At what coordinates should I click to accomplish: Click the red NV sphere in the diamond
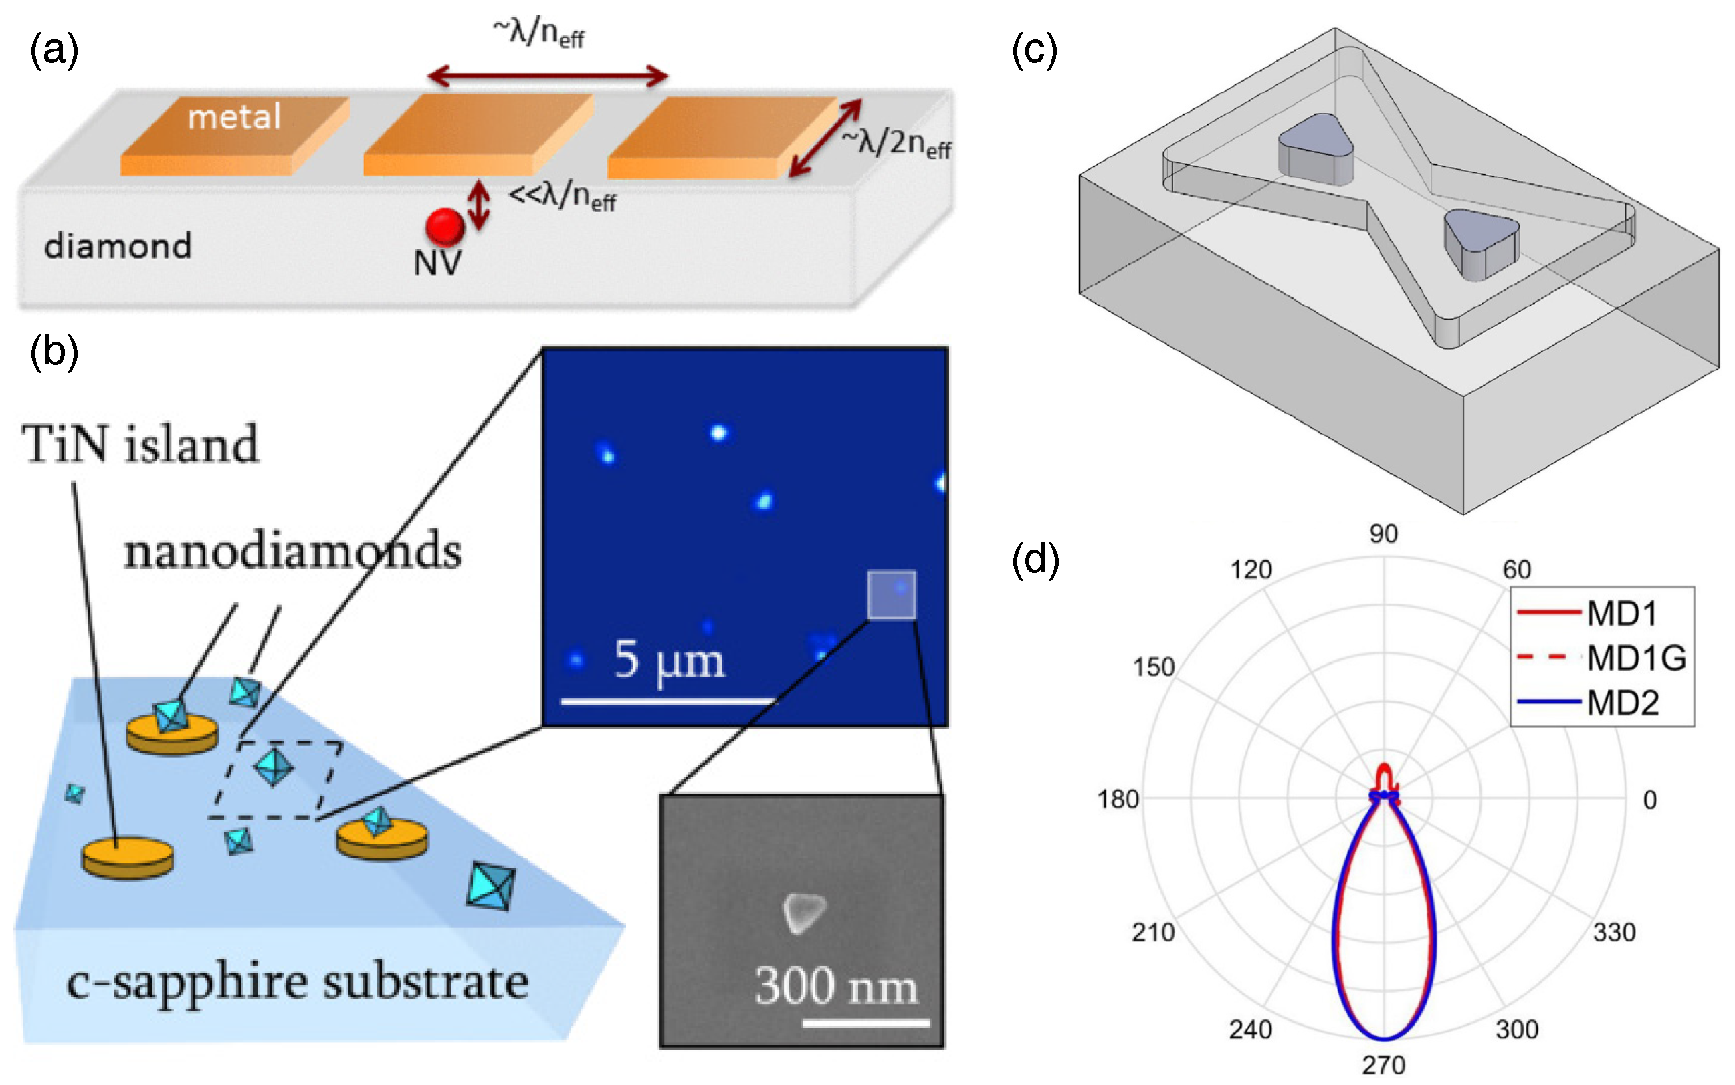444,226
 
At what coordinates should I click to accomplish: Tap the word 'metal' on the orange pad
234,117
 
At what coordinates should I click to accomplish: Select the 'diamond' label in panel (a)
118,246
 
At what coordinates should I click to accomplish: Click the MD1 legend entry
1621,614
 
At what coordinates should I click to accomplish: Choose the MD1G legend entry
1635,658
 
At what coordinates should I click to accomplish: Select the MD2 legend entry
1623,703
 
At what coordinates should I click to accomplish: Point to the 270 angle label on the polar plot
1383,1065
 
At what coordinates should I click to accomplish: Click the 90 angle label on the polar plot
1383,534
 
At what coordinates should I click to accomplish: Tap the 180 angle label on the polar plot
1118,800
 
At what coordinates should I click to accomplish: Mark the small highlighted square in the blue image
892,594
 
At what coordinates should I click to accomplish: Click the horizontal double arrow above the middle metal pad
548,76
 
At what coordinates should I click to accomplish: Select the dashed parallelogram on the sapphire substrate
275,780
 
